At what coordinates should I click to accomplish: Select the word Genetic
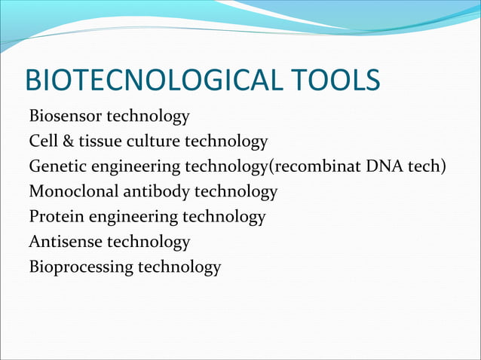[x=55, y=166]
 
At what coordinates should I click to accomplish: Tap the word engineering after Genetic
[x=128, y=167]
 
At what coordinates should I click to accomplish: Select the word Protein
[x=53, y=217]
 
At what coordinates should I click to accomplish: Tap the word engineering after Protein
[x=124, y=218]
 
